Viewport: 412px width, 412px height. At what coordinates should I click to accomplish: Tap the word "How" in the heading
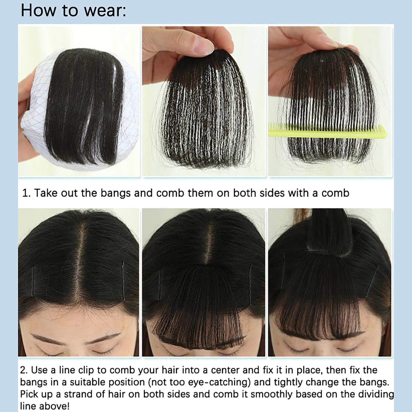(x=38, y=11)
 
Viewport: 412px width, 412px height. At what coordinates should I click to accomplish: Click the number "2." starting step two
(x=24, y=370)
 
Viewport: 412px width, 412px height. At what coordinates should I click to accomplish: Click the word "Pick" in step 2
(x=29, y=394)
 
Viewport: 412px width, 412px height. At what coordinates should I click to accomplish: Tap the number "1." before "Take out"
(x=27, y=193)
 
